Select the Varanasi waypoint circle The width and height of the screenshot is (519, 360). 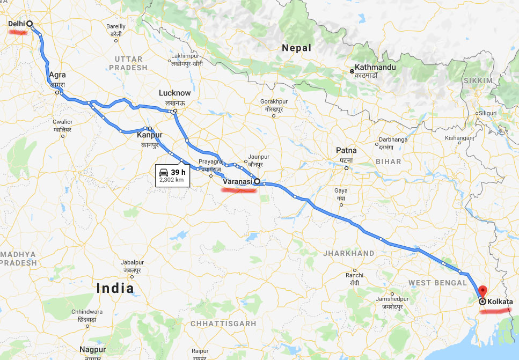(x=257, y=181)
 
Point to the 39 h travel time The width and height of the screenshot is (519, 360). (x=178, y=172)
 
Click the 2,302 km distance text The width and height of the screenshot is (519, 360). (x=171, y=180)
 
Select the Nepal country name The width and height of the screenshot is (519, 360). (x=297, y=48)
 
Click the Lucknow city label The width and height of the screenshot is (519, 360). (x=174, y=93)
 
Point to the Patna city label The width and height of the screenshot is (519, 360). (x=346, y=150)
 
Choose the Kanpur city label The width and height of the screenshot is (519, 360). (x=149, y=136)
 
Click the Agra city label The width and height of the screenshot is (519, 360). (x=57, y=75)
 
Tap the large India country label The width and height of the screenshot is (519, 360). (x=115, y=288)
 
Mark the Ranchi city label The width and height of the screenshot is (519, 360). (x=354, y=275)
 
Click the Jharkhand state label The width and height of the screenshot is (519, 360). (x=348, y=253)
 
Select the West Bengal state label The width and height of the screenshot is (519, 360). (x=437, y=283)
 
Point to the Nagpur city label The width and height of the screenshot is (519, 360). (x=92, y=349)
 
